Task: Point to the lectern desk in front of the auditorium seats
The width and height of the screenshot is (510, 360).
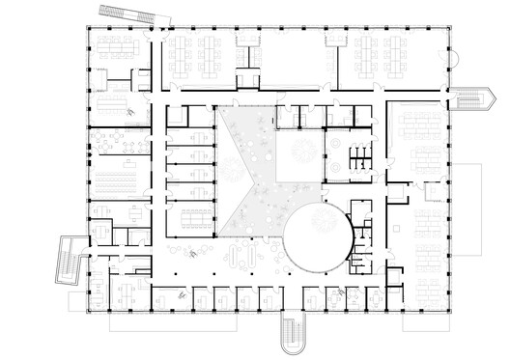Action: (140, 180)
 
